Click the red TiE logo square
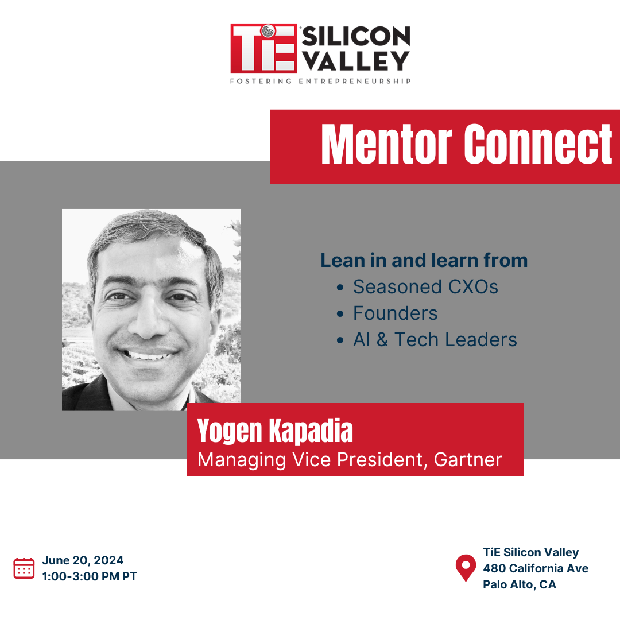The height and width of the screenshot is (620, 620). click(x=263, y=48)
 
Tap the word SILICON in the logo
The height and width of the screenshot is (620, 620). click(x=356, y=36)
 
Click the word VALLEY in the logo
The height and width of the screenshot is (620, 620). click(x=356, y=60)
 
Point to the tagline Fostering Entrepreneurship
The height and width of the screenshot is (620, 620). click(x=320, y=81)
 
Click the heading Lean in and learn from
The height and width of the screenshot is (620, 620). click(x=424, y=261)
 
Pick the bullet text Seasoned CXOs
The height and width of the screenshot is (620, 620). click(x=425, y=286)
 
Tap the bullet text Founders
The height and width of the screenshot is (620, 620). click(x=396, y=313)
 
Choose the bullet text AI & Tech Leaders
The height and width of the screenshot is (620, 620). click(x=435, y=340)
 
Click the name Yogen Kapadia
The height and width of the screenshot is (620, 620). click(x=275, y=431)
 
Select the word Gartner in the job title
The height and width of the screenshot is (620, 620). click(x=468, y=459)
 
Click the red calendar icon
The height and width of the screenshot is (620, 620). click(x=24, y=568)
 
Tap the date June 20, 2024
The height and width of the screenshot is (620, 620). click(x=83, y=560)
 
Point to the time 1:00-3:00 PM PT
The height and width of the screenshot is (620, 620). click(x=90, y=576)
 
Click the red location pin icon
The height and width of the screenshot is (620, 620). click(x=466, y=568)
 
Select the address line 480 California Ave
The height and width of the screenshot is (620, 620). click(x=536, y=568)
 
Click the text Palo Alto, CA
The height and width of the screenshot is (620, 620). click(x=520, y=584)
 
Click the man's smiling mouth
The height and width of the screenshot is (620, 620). click(x=148, y=354)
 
